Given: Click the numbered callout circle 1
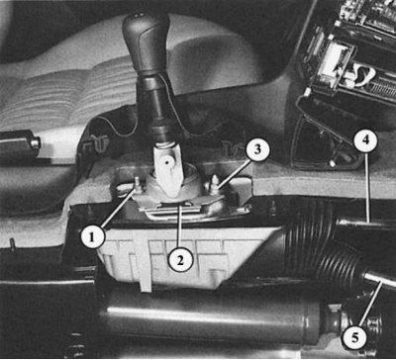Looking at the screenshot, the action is (93, 236).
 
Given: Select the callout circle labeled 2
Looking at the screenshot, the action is (180, 260).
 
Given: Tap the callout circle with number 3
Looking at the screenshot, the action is (258, 149).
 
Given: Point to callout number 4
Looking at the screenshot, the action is (365, 141).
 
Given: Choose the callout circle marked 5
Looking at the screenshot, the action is (354, 337).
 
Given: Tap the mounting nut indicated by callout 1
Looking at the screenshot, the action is (138, 186).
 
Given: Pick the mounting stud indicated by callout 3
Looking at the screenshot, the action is (214, 185).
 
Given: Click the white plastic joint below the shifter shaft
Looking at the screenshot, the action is (167, 169).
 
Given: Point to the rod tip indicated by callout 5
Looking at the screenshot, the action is (379, 280).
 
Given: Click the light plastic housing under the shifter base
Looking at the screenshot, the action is (185, 257).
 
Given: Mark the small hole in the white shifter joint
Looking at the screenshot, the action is (168, 162).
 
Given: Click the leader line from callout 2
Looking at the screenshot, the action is (180, 226).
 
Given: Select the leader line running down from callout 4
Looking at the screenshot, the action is (366, 187).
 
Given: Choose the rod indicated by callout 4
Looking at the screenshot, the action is (364, 224).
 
